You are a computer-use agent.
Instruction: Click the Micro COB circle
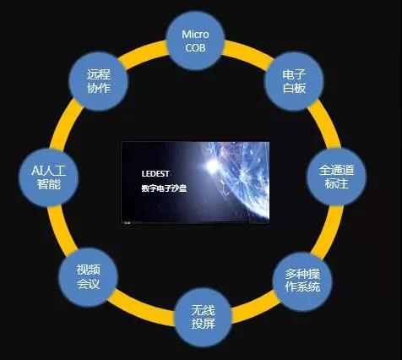(x=195, y=41)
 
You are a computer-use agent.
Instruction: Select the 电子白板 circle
(x=294, y=81)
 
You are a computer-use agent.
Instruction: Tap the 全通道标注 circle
(x=336, y=177)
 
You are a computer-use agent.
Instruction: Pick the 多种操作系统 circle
(x=302, y=281)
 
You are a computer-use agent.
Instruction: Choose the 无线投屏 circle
(x=204, y=317)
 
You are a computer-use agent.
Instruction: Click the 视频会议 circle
(x=88, y=276)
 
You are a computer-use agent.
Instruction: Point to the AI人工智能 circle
(x=48, y=177)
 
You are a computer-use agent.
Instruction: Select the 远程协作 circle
(x=99, y=81)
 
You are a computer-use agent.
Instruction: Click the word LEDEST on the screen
(x=155, y=174)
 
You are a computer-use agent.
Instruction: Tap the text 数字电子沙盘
(x=164, y=188)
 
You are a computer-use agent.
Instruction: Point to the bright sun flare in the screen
(x=212, y=166)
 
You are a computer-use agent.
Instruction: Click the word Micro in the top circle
(x=195, y=35)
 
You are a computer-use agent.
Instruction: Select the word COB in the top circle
(x=195, y=47)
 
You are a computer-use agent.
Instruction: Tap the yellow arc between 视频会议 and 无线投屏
(x=144, y=305)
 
